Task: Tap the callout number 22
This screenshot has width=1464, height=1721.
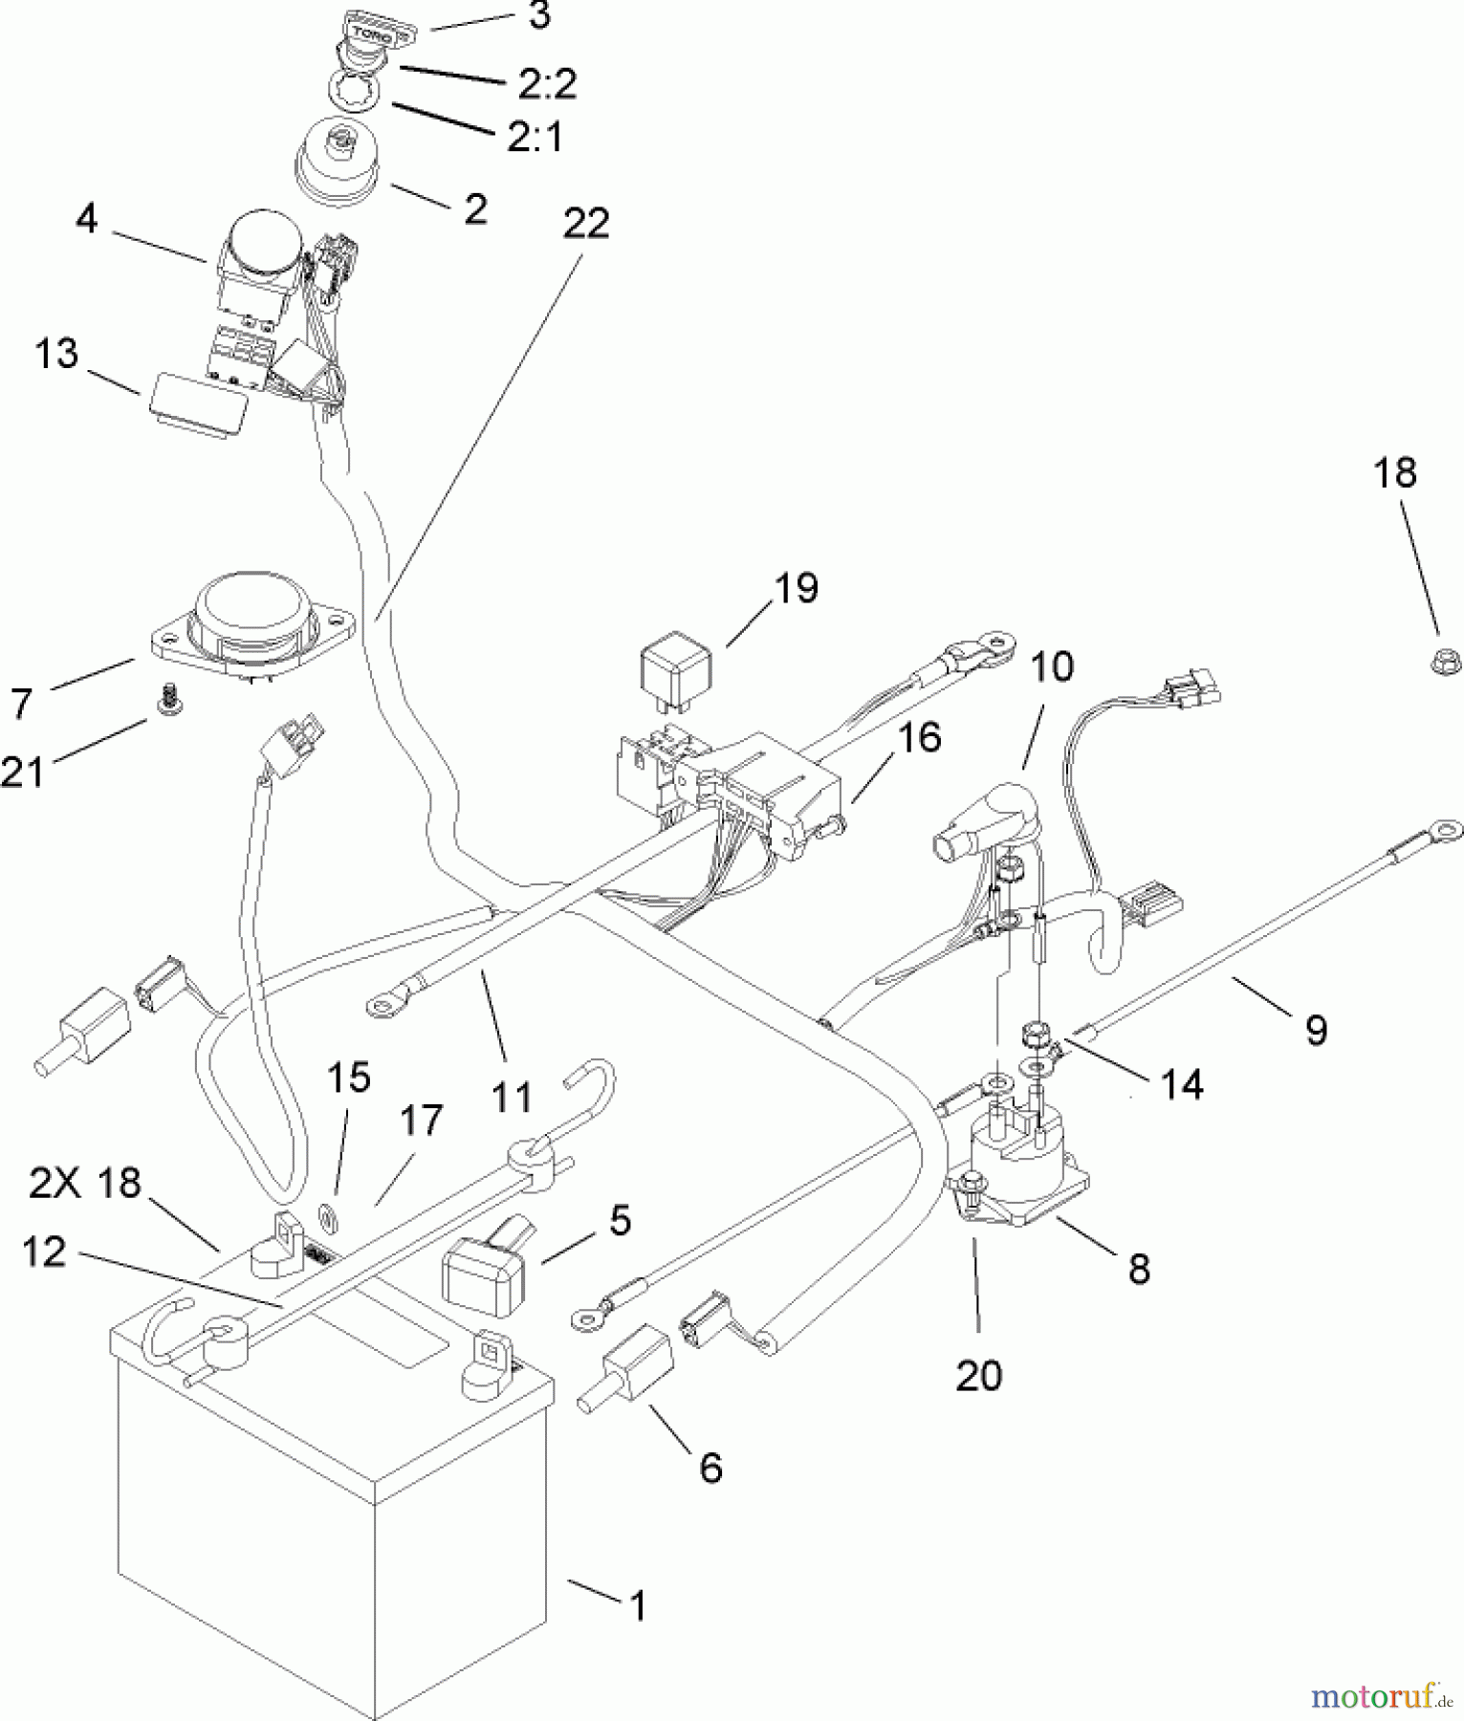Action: coord(585,224)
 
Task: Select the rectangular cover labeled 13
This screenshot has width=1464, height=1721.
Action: coord(196,413)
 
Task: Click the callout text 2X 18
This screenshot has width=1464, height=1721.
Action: coord(85,1185)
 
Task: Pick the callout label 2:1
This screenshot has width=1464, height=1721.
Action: coord(535,137)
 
